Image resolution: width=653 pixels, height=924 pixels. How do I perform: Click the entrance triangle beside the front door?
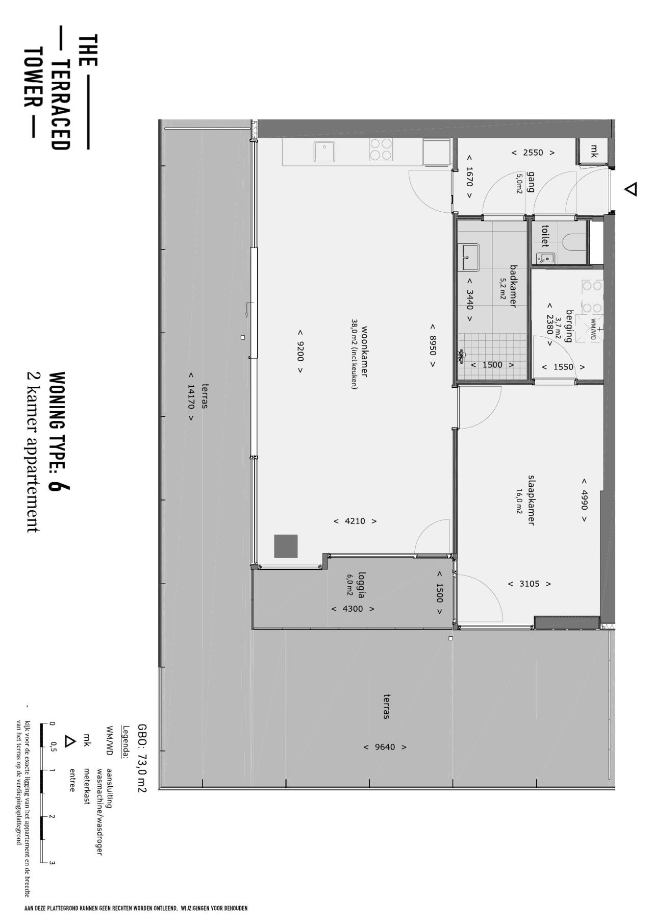pyautogui.click(x=631, y=189)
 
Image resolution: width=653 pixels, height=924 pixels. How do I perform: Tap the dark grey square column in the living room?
pyautogui.click(x=286, y=546)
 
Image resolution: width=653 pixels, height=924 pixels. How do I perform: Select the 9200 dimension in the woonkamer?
pyautogui.click(x=300, y=351)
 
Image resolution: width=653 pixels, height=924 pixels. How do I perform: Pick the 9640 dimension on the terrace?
pyautogui.click(x=385, y=747)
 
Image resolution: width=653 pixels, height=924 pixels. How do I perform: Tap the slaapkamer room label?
pyautogui.click(x=531, y=500)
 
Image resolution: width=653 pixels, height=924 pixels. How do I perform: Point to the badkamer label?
pyautogui.click(x=514, y=286)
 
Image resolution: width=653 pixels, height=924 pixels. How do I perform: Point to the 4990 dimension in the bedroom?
pyautogui.click(x=584, y=500)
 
